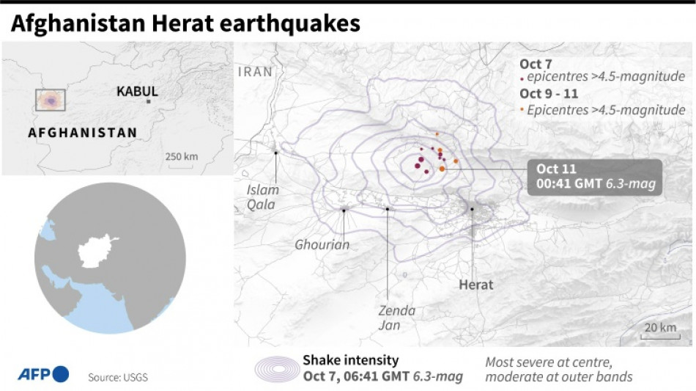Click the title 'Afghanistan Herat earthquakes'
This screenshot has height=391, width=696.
point(185,23)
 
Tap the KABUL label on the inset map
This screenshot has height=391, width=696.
point(137,92)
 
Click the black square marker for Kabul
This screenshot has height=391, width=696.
point(148,101)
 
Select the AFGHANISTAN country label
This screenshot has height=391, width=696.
point(82,133)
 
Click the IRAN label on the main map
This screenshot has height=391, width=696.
point(255,72)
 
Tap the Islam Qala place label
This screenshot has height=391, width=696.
point(262,197)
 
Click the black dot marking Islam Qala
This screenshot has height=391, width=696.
point(276,153)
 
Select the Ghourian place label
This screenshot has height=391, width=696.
point(322,244)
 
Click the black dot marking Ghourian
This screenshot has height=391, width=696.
point(344,211)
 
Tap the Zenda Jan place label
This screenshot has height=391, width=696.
point(396,318)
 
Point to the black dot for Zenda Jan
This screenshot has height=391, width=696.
point(387,209)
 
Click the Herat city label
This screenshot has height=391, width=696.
point(476,285)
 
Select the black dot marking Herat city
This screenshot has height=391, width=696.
point(473,209)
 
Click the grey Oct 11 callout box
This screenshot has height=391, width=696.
point(595,177)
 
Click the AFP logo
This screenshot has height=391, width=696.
point(43,374)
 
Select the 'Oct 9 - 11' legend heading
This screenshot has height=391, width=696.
point(549,94)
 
